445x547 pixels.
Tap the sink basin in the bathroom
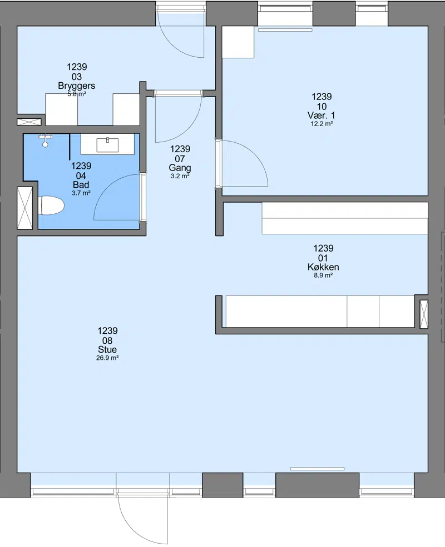(x=107, y=145)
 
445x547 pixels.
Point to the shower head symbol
(x=45, y=140)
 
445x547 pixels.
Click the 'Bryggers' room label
(x=77, y=86)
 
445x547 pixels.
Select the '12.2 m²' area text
(x=322, y=123)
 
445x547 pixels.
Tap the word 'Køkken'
(x=323, y=267)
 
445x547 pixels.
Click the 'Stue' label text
(x=107, y=349)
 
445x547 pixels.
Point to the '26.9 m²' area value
(x=107, y=358)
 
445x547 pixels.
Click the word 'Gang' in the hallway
(x=180, y=168)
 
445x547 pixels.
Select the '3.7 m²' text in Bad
(x=81, y=193)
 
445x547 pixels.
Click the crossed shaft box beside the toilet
(x=25, y=208)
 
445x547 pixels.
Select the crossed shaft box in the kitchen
(x=424, y=314)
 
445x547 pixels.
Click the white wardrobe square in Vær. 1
(x=238, y=42)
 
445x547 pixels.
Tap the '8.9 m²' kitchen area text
(x=323, y=275)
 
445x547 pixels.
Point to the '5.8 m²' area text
(x=77, y=94)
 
